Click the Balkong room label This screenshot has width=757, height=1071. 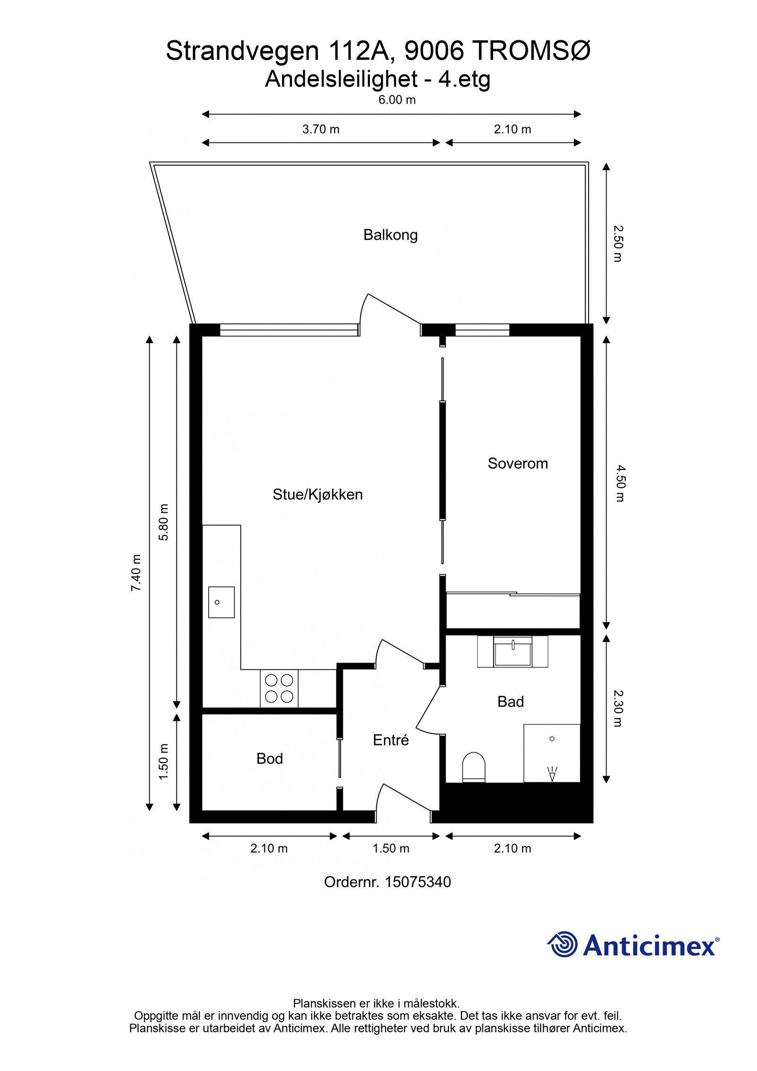tap(390, 235)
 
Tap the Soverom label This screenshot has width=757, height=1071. tap(518, 463)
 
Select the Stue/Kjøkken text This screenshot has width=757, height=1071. tap(317, 495)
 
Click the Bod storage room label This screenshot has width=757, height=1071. tap(269, 759)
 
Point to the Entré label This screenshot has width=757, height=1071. tap(390, 740)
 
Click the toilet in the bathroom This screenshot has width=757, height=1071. tap(474, 766)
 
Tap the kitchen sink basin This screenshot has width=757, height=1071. tap(221, 602)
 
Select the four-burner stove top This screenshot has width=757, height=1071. tap(279, 689)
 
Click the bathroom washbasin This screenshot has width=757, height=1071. tap(512, 652)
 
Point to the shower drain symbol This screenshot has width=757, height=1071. tap(552, 738)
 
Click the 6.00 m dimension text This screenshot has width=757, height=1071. tap(397, 100)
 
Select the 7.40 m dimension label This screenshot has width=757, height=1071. tap(136, 573)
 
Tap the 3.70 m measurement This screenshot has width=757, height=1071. tap(321, 129)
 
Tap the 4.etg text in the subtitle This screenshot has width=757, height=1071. tap(464, 79)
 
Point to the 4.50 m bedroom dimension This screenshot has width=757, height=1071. tap(620, 483)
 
